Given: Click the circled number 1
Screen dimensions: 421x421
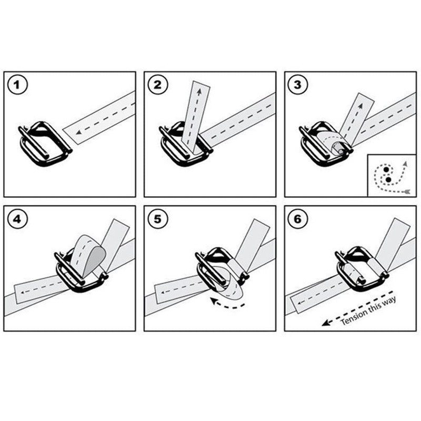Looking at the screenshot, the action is point(17,85).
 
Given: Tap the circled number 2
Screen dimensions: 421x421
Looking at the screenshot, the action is point(158,85).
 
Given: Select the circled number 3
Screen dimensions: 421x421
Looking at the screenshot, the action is point(298,85).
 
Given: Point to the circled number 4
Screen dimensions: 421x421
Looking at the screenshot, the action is point(17,219).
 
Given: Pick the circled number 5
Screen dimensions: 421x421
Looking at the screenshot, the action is point(158,219).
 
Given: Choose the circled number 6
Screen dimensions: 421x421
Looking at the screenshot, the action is point(298,219).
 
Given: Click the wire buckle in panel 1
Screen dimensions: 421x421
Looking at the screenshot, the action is point(45,143).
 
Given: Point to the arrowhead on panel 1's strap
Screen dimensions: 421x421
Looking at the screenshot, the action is point(78,133).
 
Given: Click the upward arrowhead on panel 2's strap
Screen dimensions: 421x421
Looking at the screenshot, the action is point(199,92).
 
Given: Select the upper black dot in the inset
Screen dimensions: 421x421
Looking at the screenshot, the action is point(386,169).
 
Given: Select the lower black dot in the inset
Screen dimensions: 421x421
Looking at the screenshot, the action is point(388,179).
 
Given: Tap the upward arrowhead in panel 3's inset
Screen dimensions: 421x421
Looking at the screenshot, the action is point(405,164).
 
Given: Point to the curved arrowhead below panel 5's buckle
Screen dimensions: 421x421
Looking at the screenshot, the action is point(214,300).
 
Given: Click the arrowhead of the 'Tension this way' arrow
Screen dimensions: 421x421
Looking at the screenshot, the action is point(326,323).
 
